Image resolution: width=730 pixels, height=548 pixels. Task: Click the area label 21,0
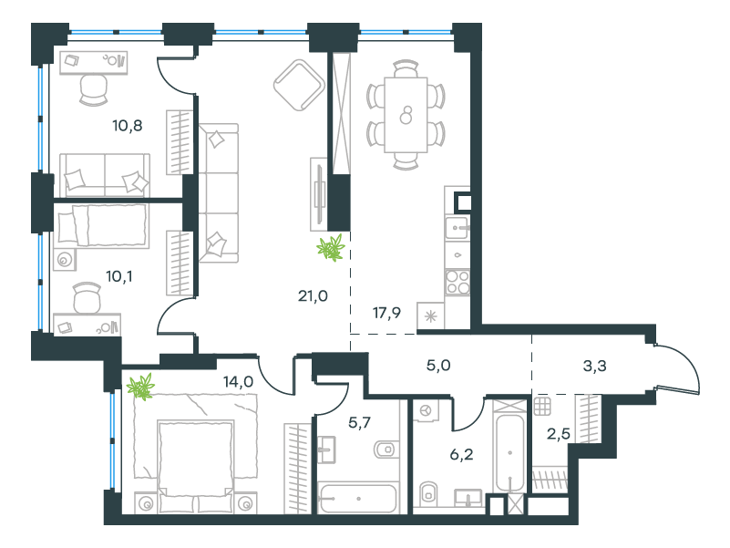pos(313,296)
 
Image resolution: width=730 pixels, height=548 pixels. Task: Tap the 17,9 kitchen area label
pos(387,313)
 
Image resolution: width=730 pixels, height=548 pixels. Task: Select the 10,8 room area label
pos(127,125)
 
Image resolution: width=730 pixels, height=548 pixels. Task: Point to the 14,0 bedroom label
pos(239,382)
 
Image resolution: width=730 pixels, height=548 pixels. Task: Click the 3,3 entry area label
pos(594,367)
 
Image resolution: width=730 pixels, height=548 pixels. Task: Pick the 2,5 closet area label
pos(558,434)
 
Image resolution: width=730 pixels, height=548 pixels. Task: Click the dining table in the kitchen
pos(406,115)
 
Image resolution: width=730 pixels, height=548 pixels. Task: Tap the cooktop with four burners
pos(458,283)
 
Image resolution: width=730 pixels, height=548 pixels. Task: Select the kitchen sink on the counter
pos(458,228)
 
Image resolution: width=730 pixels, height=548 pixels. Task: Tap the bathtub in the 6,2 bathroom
pos(510,453)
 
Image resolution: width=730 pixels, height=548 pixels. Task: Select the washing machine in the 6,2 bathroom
pos(425,410)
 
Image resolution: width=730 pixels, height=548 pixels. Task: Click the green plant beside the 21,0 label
pos(331,248)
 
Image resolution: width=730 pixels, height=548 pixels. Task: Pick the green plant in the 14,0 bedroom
pos(140,387)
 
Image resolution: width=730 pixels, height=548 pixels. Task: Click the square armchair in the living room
pos(299,85)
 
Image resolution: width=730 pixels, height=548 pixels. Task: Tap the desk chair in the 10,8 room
pos(94,90)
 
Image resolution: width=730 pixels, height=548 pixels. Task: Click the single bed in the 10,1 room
pos(101,226)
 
